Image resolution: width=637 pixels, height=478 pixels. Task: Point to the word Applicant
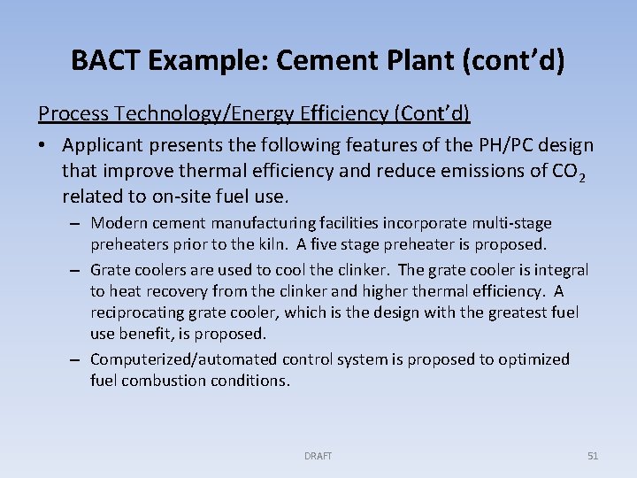tap(102, 144)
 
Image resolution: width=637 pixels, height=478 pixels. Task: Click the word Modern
tap(118, 223)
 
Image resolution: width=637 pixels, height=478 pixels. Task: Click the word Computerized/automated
tap(184, 359)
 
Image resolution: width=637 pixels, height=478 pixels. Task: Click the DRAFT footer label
tap(318, 456)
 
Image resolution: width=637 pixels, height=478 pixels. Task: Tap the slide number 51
tap(593, 456)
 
